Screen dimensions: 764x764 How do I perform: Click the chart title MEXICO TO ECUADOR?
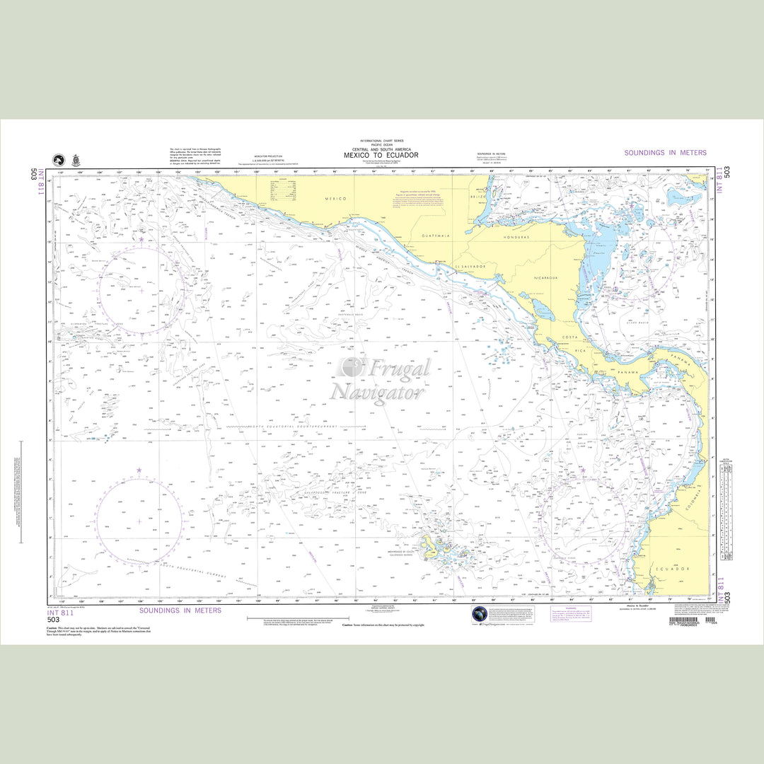381,155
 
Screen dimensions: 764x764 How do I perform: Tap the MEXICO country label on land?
335,199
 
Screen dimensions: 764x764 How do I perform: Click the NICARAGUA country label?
545,278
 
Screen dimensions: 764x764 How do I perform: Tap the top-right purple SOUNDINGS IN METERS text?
665,153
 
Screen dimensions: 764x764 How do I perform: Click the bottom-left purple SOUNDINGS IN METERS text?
180,610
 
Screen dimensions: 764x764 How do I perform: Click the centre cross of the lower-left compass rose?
139,521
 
